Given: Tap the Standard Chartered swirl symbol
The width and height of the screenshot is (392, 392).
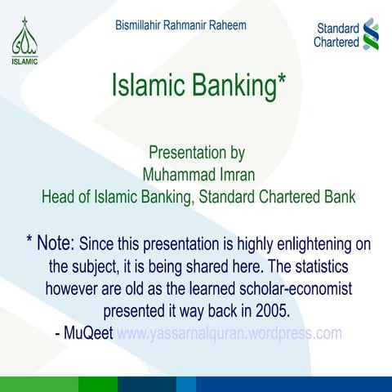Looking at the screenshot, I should pos(371,34).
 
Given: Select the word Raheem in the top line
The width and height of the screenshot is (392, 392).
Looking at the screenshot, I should pos(226,25).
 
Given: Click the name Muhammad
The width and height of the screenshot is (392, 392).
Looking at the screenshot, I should pos(175,174).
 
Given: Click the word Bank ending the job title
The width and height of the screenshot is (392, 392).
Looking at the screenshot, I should pos(336,196).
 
